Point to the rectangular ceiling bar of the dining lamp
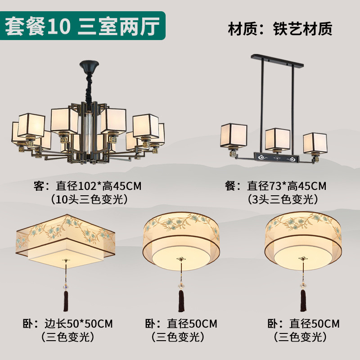[277, 60]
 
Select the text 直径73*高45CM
[287, 185]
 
